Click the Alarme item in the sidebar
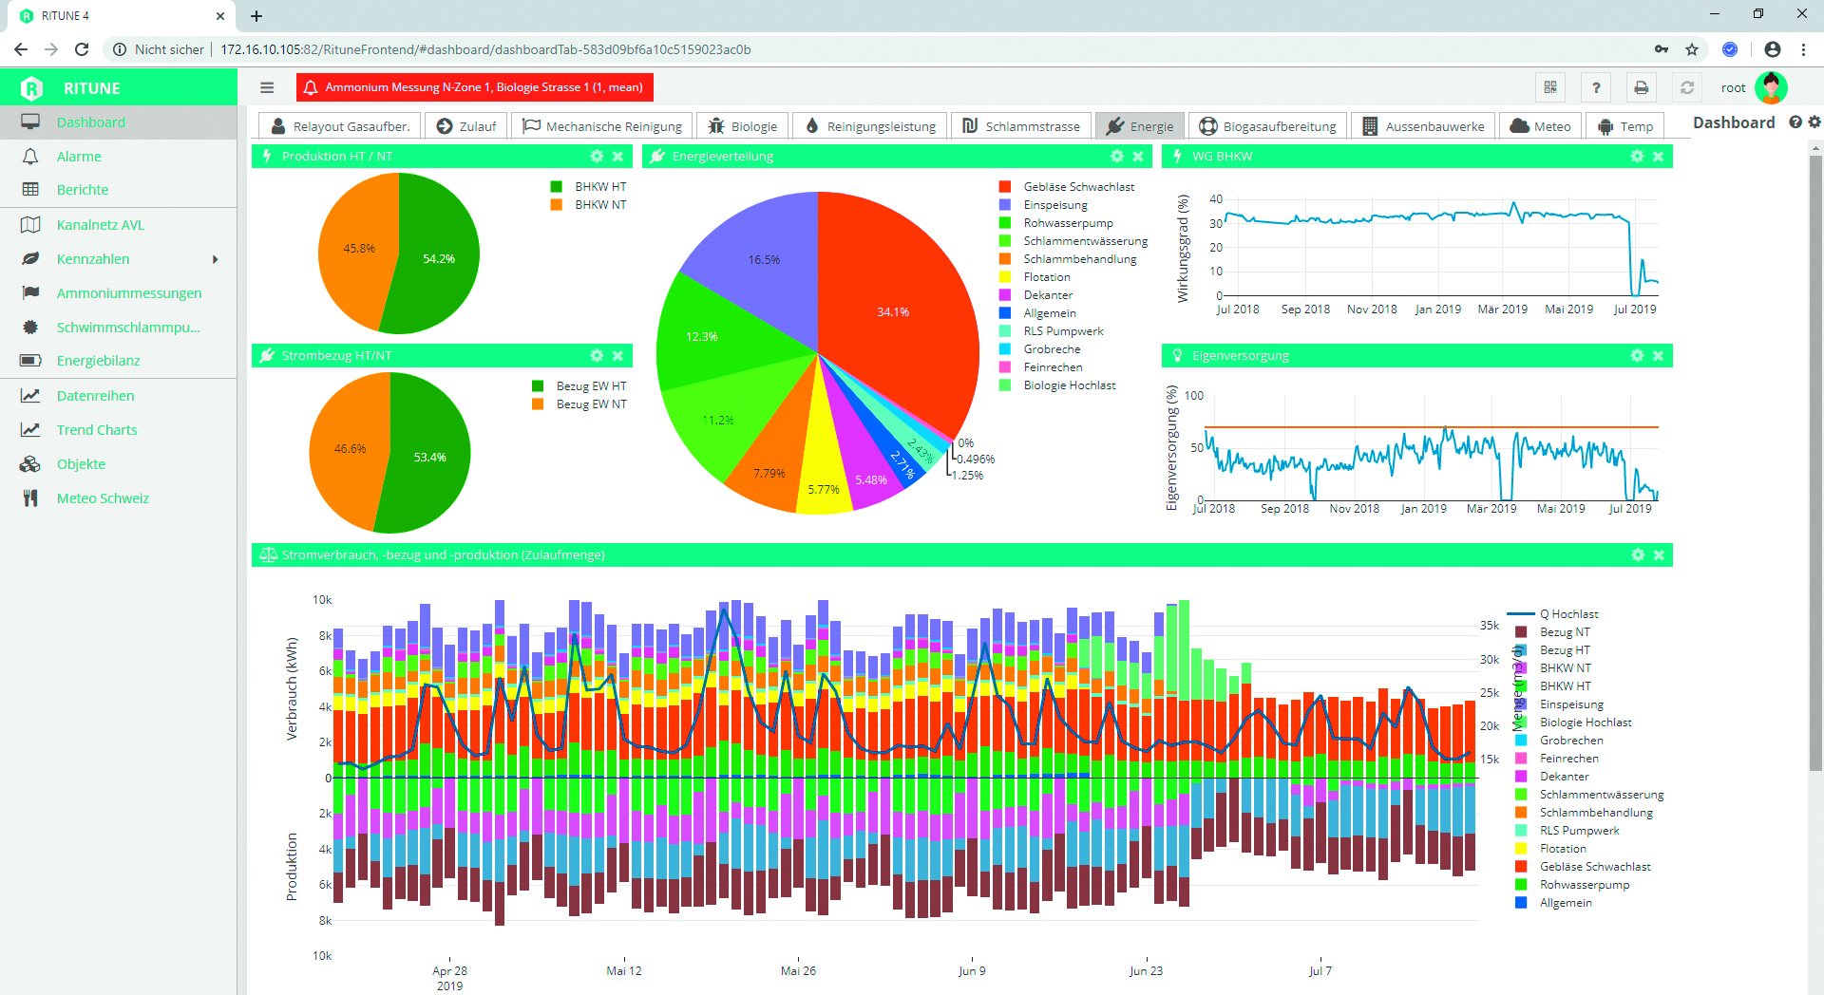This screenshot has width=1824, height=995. point(79,157)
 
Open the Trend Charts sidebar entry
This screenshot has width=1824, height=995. point(96,430)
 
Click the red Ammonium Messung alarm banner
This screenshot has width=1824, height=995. point(474,87)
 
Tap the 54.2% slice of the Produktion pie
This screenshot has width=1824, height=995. point(438,258)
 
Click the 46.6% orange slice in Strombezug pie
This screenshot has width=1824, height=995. point(350,448)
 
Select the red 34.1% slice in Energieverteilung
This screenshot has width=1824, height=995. point(892,311)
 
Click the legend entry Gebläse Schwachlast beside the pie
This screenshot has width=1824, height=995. point(1078,187)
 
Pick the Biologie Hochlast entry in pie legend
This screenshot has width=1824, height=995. point(1069,385)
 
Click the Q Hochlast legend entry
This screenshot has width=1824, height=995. point(1568,614)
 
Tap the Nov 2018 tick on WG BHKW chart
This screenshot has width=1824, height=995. point(1372,310)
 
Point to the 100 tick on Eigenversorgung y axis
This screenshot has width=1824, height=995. point(1194,396)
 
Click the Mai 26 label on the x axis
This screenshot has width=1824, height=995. point(798,971)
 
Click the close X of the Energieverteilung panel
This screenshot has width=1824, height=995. point(1138,157)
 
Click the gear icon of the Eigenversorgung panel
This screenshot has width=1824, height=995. point(1637,356)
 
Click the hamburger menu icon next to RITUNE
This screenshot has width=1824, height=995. point(267,87)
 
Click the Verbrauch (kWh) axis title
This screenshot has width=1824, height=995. point(292,688)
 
